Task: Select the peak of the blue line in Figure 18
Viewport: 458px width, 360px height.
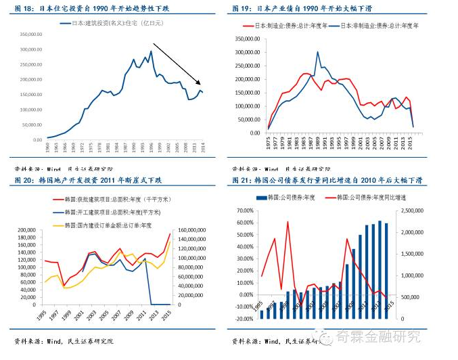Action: pos(150,51)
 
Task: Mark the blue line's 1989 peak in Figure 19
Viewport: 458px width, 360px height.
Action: pos(318,52)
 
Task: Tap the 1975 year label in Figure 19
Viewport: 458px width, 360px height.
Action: pos(269,143)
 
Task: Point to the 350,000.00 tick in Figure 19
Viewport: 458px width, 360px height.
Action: pos(247,38)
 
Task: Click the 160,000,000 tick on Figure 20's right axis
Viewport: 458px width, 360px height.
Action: pos(194,231)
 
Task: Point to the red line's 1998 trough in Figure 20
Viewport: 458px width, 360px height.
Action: pos(64,286)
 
